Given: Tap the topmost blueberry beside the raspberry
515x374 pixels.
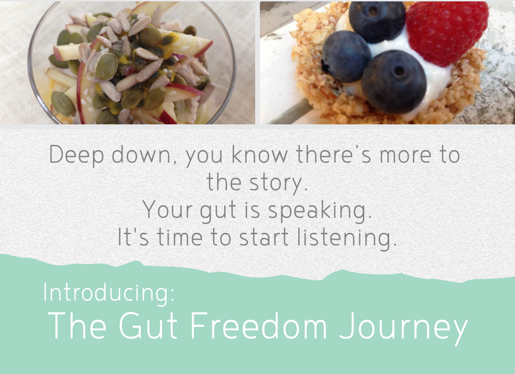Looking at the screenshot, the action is pos(377,22).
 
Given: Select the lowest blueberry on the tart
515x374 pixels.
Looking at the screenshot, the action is pos(394,82).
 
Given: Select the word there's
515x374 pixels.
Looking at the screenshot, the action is pos(334,154).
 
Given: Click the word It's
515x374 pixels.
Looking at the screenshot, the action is pos(133,237).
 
